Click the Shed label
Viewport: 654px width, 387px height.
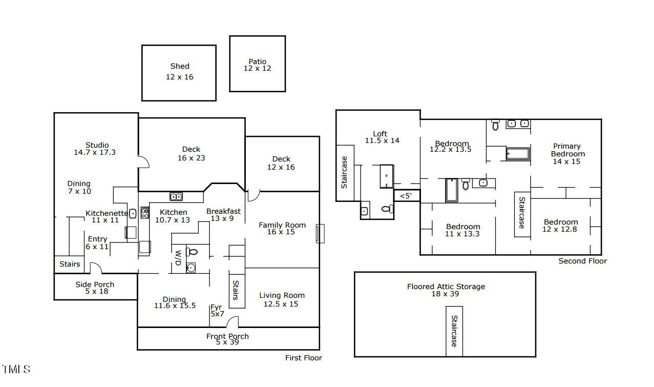point(180,66)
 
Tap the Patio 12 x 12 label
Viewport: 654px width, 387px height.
point(258,65)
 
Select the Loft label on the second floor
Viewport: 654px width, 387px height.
point(380,134)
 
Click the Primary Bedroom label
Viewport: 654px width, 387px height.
point(567,150)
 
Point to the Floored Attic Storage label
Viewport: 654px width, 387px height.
point(446,287)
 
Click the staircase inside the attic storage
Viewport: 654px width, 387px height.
point(454,331)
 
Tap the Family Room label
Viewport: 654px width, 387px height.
point(282,225)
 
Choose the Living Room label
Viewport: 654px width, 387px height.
point(282,295)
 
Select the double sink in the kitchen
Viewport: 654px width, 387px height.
point(176,196)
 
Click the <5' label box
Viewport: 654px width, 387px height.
point(406,195)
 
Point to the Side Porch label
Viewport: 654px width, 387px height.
point(95,284)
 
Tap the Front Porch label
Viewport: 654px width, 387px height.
point(227,336)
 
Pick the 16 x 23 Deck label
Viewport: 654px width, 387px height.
point(191,154)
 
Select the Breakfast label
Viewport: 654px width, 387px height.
point(223,211)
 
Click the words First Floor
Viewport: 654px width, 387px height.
point(304,358)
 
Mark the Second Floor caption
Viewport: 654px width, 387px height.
point(582,261)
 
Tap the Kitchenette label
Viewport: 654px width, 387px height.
point(107,213)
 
